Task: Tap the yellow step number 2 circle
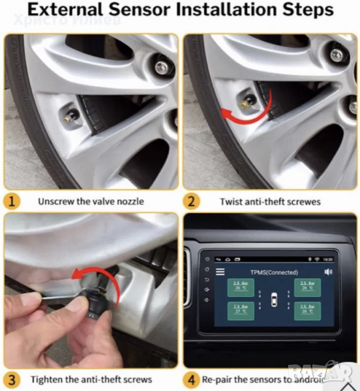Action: point(192,201)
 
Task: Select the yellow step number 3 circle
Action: point(12,379)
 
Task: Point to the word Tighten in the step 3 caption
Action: point(48,379)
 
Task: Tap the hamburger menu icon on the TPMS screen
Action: point(220,271)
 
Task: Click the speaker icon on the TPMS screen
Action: point(328,271)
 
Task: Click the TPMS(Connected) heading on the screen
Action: point(275,272)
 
